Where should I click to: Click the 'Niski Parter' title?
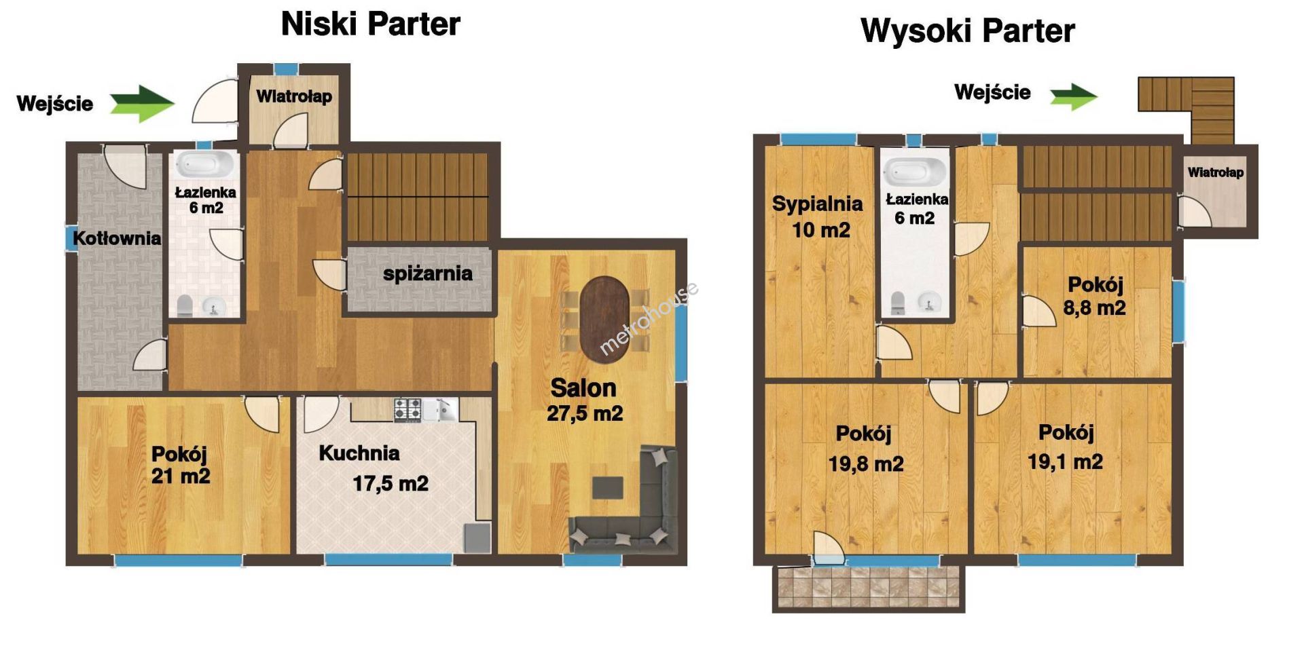point(370,24)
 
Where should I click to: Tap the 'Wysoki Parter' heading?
point(967,31)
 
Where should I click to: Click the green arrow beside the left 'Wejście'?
point(143,104)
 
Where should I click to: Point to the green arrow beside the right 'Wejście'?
point(1074,96)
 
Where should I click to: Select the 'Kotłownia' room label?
point(117,238)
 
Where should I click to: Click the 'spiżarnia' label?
point(427,273)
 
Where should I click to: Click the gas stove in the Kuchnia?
point(407,409)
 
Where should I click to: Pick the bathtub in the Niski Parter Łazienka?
point(205,165)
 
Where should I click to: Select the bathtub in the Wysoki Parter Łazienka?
point(915,172)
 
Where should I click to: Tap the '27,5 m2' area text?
point(585,413)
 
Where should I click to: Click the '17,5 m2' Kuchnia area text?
point(391,484)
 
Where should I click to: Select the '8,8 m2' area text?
point(1094,308)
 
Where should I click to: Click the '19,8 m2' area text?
point(866,464)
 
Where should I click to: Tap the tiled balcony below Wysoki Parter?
point(869,588)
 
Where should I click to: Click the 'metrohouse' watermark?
point(649,318)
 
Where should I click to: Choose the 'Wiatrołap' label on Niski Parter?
point(294,96)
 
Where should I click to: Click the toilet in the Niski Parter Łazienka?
point(185,306)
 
